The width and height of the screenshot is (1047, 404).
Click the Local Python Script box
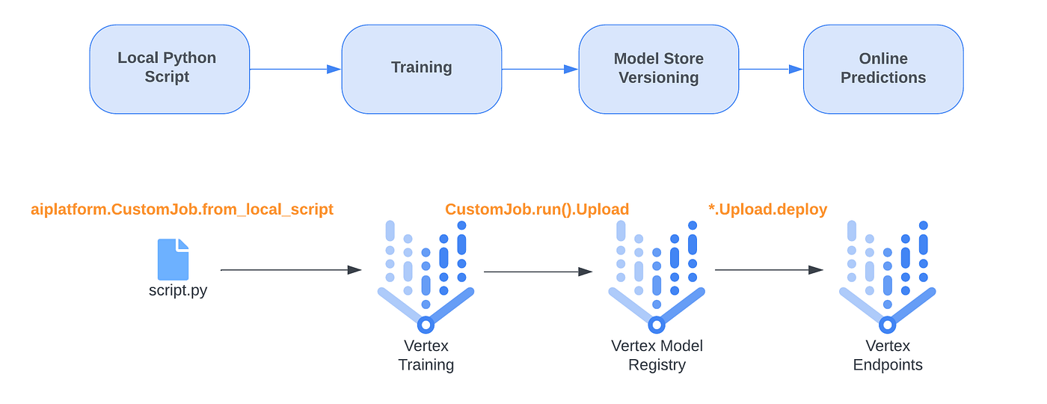(x=169, y=69)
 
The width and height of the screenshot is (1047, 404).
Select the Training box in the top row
(x=422, y=69)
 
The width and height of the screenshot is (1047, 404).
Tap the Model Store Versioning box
(x=659, y=69)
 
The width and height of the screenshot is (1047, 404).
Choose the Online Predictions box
(x=883, y=69)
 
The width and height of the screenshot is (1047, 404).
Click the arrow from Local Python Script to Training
(x=295, y=69)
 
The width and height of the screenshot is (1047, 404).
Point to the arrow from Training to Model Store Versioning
(x=540, y=69)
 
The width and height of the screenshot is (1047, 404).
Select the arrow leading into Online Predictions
(x=771, y=69)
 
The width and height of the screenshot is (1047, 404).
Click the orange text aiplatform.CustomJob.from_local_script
(x=182, y=209)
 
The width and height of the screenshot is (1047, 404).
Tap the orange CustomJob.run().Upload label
(x=537, y=209)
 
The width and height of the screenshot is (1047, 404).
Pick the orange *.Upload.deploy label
(x=768, y=209)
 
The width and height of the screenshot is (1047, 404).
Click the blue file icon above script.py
(x=173, y=260)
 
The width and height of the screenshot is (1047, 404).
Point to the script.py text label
(x=178, y=291)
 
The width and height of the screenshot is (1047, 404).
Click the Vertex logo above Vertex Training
(x=426, y=277)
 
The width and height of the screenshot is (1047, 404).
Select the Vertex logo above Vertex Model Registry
(x=657, y=277)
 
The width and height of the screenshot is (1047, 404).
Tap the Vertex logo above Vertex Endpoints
(x=887, y=277)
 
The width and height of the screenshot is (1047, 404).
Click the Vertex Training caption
(x=426, y=355)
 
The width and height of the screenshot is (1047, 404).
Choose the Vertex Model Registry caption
(x=657, y=355)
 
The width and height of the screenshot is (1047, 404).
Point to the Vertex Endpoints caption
(x=888, y=355)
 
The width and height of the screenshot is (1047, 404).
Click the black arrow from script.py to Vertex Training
(x=291, y=270)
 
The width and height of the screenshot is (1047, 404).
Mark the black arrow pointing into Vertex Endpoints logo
(x=769, y=270)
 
